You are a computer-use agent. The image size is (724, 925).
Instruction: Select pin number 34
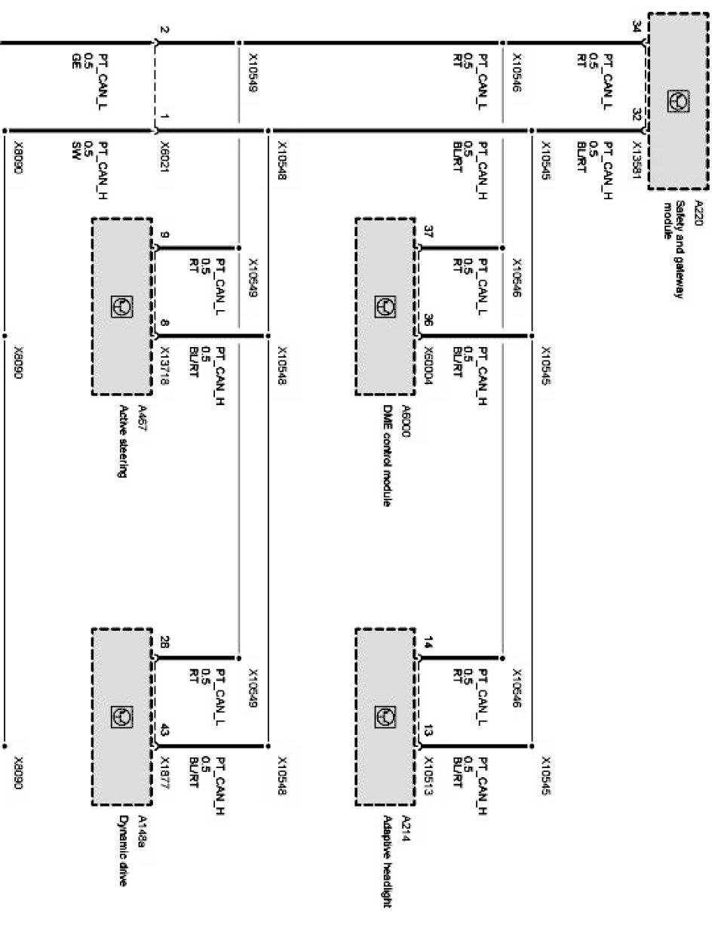(637, 29)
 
